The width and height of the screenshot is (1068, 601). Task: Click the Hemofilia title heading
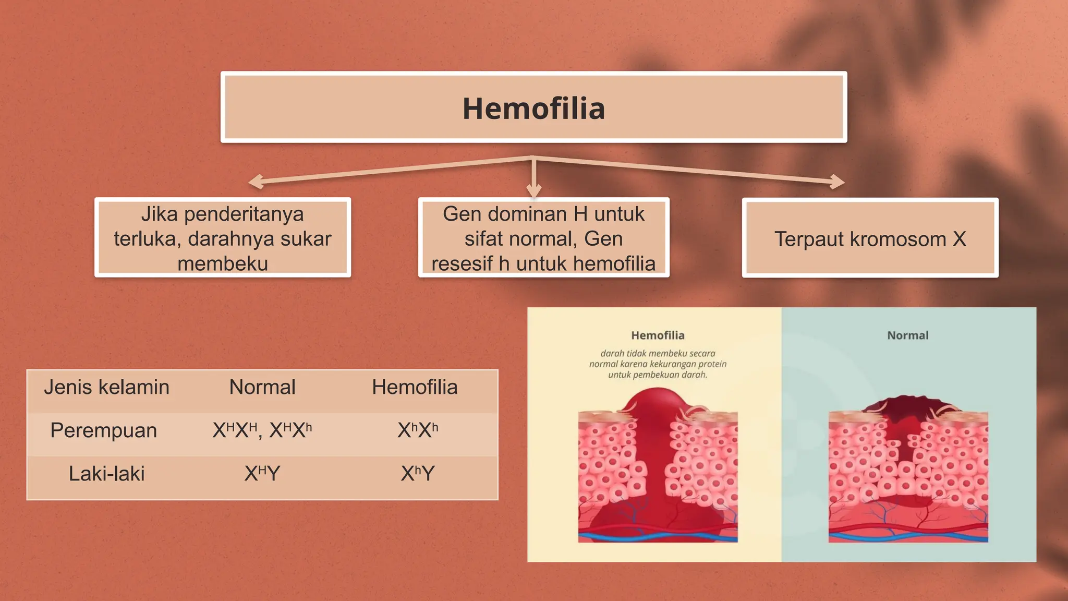pyautogui.click(x=533, y=109)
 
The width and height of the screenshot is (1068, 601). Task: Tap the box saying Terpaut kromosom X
pyautogui.click(x=870, y=239)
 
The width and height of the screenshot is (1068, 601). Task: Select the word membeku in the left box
pyautogui.click(x=223, y=263)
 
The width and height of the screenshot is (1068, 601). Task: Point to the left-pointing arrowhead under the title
pyautogui.click(x=256, y=182)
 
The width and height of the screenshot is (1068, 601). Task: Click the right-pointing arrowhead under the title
pyautogui.click(x=838, y=182)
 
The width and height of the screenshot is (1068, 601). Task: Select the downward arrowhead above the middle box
pyautogui.click(x=533, y=190)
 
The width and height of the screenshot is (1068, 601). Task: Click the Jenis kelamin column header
pyautogui.click(x=106, y=387)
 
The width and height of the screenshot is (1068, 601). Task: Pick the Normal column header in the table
pyautogui.click(x=262, y=387)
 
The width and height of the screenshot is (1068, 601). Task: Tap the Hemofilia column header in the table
pyautogui.click(x=415, y=387)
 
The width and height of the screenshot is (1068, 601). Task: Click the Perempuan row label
pyautogui.click(x=103, y=430)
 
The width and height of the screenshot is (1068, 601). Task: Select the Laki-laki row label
pyautogui.click(x=106, y=474)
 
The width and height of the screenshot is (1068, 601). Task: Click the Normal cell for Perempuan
pyautogui.click(x=262, y=430)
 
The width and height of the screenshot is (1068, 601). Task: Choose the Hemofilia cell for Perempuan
pyautogui.click(x=417, y=430)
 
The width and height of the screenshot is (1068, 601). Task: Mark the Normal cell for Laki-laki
pyautogui.click(x=262, y=474)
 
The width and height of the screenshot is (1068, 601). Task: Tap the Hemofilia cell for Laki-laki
pyautogui.click(x=417, y=474)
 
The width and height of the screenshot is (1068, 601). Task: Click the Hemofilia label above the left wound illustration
pyautogui.click(x=658, y=335)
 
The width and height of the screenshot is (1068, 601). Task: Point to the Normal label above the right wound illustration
pyautogui.click(x=908, y=335)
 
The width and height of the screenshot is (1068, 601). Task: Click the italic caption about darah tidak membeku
pyautogui.click(x=658, y=364)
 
